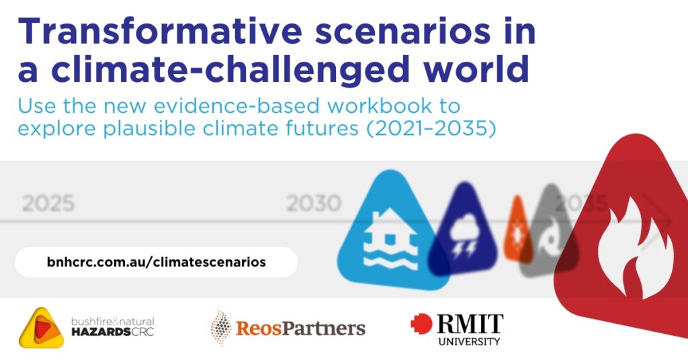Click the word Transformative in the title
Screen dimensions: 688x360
pos(159,31)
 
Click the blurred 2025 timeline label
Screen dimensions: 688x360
pos(48,204)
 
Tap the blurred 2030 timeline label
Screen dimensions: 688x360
pos(313,204)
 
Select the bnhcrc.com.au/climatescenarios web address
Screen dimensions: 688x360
pos(156,262)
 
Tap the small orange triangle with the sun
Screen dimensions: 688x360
pos(518,230)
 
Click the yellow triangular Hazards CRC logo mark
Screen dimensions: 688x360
pos(42,328)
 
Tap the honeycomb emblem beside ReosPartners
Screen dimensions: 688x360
pos(220,327)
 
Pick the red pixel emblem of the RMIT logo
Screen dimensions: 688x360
pos(421,324)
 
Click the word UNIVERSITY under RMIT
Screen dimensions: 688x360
pos(469,341)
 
